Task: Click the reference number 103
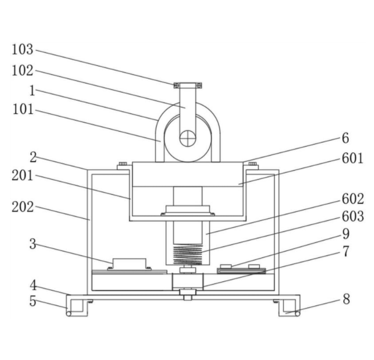coord(23,50)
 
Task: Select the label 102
coord(23,71)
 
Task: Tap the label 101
coord(23,110)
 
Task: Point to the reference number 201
coord(23,176)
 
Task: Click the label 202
coord(23,207)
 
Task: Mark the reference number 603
coord(353,217)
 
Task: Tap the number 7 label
coord(346,252)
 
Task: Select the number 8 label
coord(346,299)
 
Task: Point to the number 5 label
coord(33,301)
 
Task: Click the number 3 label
coord(33,243)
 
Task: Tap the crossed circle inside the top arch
coord(188,137)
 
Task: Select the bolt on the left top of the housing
coord(122,164)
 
